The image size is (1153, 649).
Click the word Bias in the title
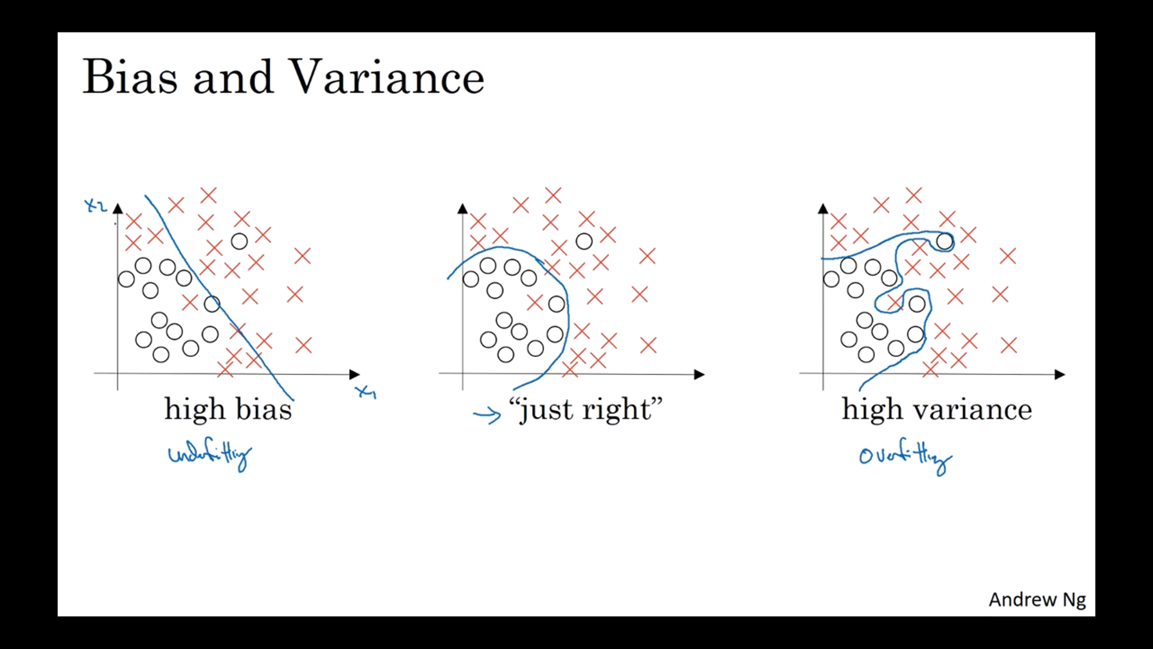click(130, 77)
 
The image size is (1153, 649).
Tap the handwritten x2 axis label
click(95, 206)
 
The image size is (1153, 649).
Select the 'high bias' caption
click(228, 410)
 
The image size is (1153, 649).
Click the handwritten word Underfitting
click(210, 457)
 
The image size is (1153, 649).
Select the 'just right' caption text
click(586, 410)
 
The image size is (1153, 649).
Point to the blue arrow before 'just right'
click(487, 415)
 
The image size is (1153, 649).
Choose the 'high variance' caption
click(937, 410)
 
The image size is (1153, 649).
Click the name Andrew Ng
click(1037, 600)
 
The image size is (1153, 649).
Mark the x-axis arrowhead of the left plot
click(354, 374)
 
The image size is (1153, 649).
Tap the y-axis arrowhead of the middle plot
click(462, 209)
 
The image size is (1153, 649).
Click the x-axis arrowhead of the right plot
click(1060, 374)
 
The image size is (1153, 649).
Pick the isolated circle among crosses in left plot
click(239, 242)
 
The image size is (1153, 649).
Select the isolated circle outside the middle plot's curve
click(584, 242)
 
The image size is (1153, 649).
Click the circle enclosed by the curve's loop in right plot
click(945, 242)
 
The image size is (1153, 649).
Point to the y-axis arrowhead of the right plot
click(823, 209)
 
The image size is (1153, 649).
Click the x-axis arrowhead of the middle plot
click(699, 374)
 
